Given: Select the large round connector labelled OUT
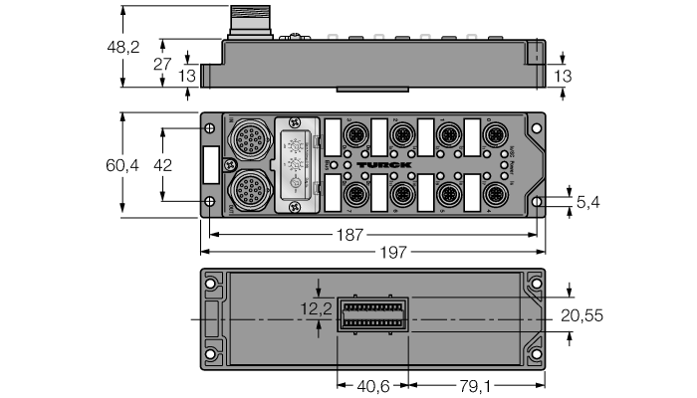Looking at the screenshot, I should [245, 189].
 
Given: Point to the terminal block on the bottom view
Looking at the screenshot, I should [372, 316].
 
